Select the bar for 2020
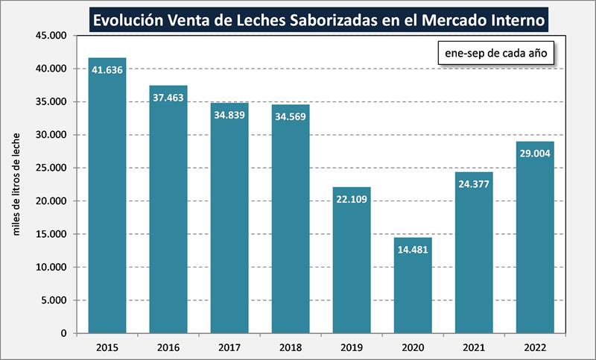click(x=412, y=285)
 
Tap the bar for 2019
click(x=351, y=260)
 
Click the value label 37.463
click(x=168, y=98)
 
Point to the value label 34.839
click(x=229, y=115)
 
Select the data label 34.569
click(x=290, y=117)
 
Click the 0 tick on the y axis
click(x=64, y=333)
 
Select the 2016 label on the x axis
click(x=168, y=347)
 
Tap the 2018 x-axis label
click(x=290, y=347)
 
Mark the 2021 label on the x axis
click(x=474, y=347)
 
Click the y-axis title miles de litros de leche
click(x=17, y=184)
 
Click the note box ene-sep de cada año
click(x=495, y=54)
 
